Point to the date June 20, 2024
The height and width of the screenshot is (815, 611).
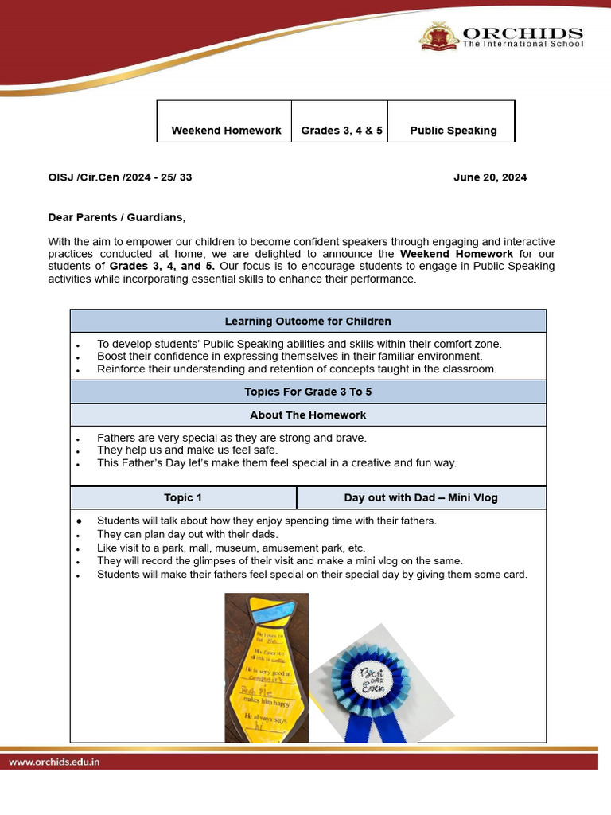click(490, 177)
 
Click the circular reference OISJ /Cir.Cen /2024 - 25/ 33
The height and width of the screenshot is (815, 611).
click(120, 177)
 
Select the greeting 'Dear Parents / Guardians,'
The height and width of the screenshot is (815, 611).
click(117, 216)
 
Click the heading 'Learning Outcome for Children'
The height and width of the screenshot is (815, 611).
click(308, 322)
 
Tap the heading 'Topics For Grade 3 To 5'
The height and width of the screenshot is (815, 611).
click(308, 392)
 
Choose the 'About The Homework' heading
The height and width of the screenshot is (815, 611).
click(308, 415)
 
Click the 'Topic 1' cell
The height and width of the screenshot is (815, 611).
click(183, 497)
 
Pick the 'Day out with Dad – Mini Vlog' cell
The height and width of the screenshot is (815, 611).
click(421, 497)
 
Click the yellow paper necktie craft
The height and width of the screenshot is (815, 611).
click(266, 677)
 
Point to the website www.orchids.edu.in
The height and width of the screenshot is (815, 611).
click(55, 762)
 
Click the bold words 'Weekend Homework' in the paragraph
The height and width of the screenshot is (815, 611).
click(456, 254)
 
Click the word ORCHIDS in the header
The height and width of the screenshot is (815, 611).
click(523, 33)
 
